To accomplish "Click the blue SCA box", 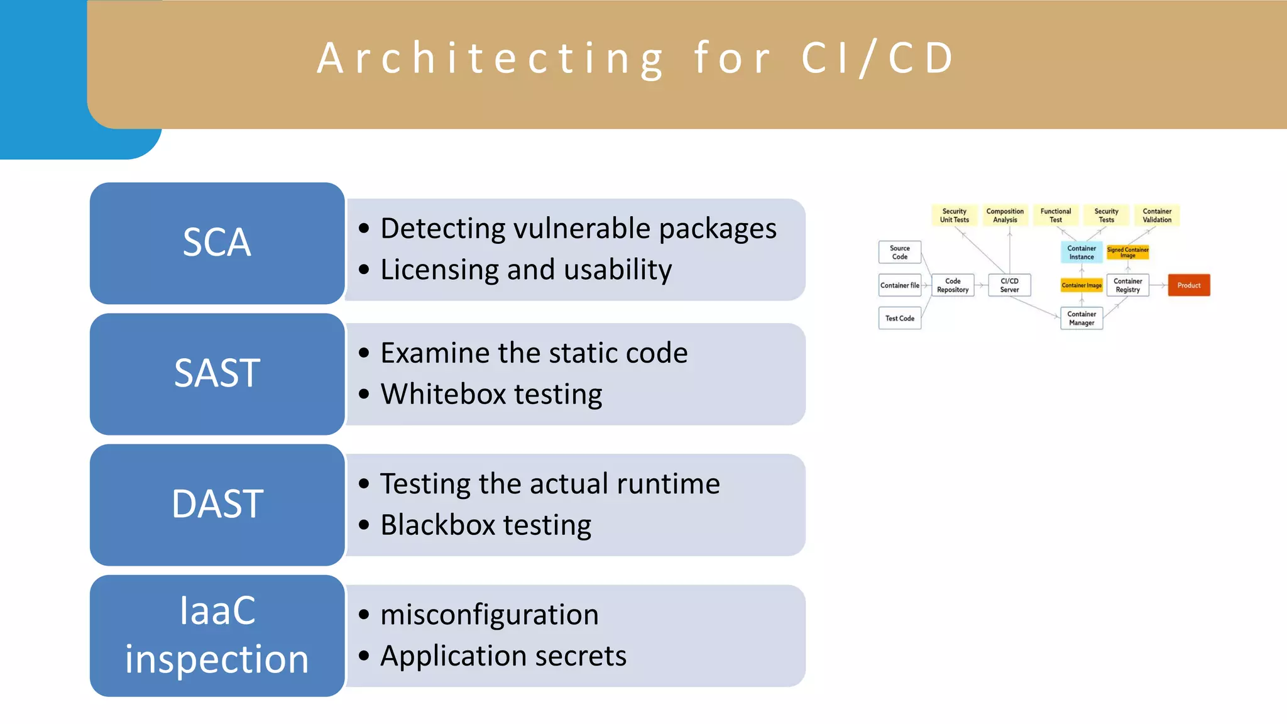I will click(x=217, y=243).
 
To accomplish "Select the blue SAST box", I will click(x=217, y=374).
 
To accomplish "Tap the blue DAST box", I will click(x=217, y=505).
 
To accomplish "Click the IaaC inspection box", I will click(x=217, y=635).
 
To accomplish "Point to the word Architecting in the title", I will click(x=490, y=58).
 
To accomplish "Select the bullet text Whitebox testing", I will click(x=491, y=394).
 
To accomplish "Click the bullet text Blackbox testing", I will click(x=486, y=525).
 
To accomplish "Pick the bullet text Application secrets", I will click(x=503, y=655).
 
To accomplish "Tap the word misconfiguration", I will click(x=490, y=614).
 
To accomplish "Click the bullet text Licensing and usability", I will click(x=526, y=270).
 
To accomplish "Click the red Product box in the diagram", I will click(x=1188, y=285).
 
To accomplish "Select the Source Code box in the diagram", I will click(x=899, y=252).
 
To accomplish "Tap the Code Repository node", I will click(x=953, y=285).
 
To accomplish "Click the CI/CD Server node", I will click(x=1009, y=285).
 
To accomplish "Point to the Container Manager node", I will click(x=1082, y=318).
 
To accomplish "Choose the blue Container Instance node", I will click(x=1082, y=252).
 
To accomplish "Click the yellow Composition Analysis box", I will click(x=1005, y=215).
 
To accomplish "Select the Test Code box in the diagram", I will click(x=899, y=318).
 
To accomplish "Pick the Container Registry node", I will click(x=1127, y=285).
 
